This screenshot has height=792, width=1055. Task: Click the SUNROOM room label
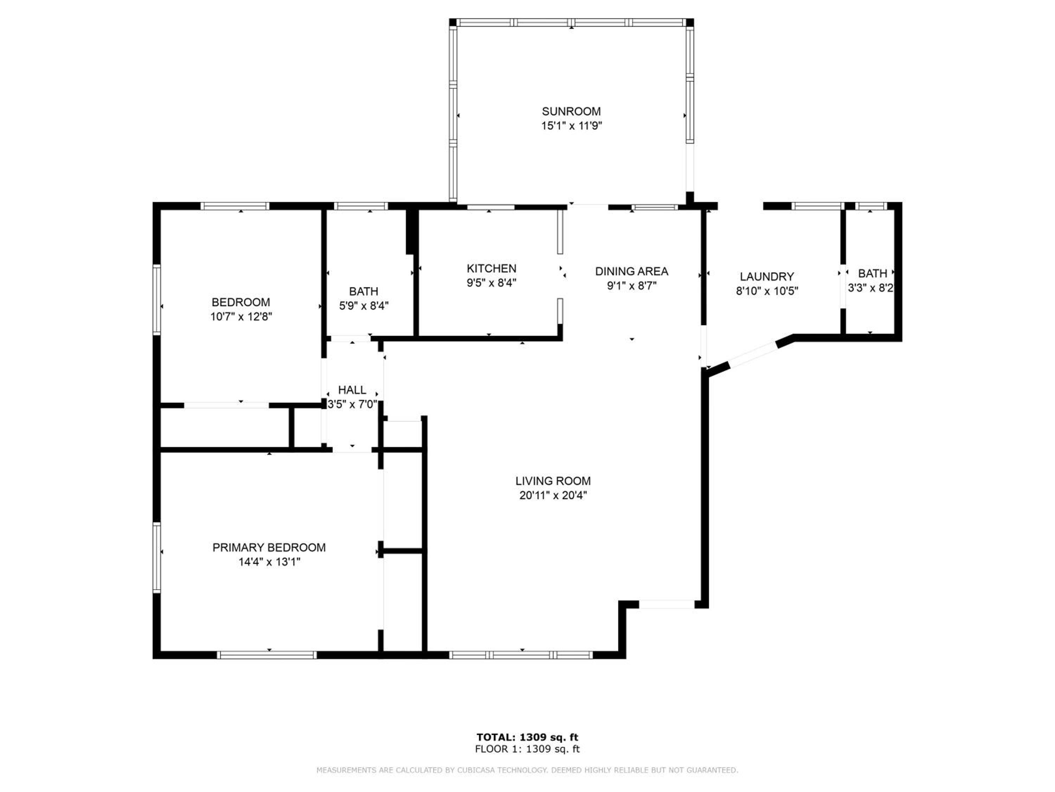point(571,112)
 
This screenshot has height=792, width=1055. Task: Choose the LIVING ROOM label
point(553,481)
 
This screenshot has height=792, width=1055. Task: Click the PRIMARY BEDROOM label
point(269,548)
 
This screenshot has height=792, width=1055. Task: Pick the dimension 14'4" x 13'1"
point(269,562)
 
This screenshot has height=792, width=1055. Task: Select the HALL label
point(352,390)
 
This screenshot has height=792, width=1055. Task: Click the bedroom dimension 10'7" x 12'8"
point(241,316)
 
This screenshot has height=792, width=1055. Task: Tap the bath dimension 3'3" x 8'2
point(870,288)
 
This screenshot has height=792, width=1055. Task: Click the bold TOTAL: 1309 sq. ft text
point(527,737)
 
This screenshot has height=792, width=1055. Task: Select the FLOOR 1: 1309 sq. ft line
point(527,749)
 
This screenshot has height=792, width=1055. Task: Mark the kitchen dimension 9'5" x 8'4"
point(491,283)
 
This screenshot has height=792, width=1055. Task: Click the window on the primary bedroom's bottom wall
point(267,655)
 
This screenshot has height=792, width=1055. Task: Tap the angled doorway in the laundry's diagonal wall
point(754,354)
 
